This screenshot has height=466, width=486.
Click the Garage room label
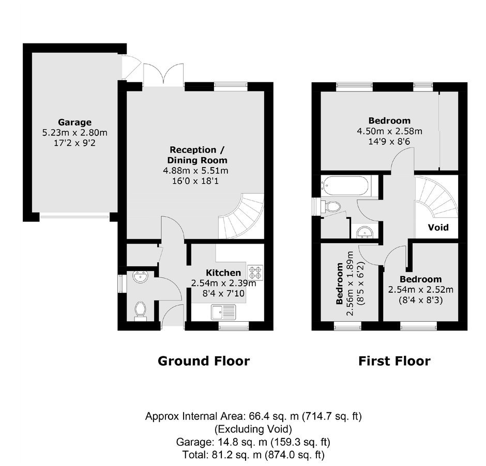(x=74, y=122)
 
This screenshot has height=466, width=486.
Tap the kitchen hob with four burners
(x=255, y=273)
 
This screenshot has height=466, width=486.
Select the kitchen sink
(x=223, y=312)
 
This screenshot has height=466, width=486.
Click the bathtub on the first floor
(x=345, y=186)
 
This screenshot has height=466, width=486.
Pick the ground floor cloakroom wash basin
(x=141, y=277)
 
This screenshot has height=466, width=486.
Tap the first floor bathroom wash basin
(x=365, y=232)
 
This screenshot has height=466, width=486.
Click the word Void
(x=438, y=228)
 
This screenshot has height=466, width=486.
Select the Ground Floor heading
(x=204, y=361)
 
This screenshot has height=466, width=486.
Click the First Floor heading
(x=394, y=361)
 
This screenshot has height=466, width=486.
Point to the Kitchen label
(x=223, y=273)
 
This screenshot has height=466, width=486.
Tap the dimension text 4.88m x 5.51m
(x=195, y=171)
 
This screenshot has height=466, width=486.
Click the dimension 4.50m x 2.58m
(x=390, y=131)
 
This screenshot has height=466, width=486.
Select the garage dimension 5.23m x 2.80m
(x=74, y=133)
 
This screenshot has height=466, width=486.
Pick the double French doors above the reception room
(x=163, y=74)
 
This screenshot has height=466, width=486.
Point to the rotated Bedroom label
(x=340, y=283)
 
